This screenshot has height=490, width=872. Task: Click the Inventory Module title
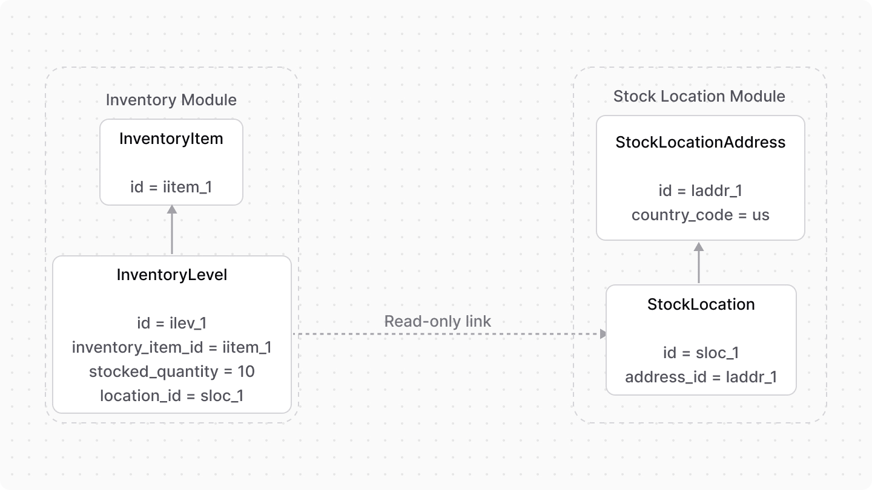pyautogui.click(x=171, y=100)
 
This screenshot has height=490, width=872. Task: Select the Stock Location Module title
pyautogui.click(x=699, y=96)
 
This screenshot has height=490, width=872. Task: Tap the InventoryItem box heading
pyautogui.click(x=171, y=139)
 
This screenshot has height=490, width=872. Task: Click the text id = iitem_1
pyautogui.click(x=171, y=187)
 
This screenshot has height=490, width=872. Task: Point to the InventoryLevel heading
pyautogui.click(x=172, y=275)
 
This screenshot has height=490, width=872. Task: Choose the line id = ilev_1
pyautogui.click(x=172, y=323)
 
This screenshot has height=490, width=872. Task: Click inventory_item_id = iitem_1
pyautogui.click(x=172, y=347)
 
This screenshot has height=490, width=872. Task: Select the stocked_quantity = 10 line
pyautogui.click(x=172, y=371)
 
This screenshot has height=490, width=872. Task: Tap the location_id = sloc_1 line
pyautogui.click(x=172, y=396)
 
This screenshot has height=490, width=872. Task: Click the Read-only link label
pyautogui.click(x=438, y=321)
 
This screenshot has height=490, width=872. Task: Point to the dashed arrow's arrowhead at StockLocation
pyautogui.click(x=603, y=334)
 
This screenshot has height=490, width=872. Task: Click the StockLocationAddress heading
pyautogui.click(x=700, y=142)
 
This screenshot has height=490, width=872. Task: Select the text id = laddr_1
pyautogui.click(x=700, y=191)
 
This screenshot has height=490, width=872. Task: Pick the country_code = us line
pyautogui.click(x=700, y=215)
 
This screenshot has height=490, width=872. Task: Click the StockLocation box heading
pyautogui.click(x=701, y=304)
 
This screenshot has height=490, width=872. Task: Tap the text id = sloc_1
pyautogui.click(x=701, y=353)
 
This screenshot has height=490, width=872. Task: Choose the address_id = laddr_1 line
pyautogui.click(x=701, y=377)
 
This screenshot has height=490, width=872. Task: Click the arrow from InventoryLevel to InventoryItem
pyautogui.click(x=172, y=230)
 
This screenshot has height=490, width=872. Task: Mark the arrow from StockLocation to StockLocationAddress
pyautogui.click(x=699, y=263)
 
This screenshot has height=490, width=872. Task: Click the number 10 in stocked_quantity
pyautogui.click(x=246, y=371)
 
